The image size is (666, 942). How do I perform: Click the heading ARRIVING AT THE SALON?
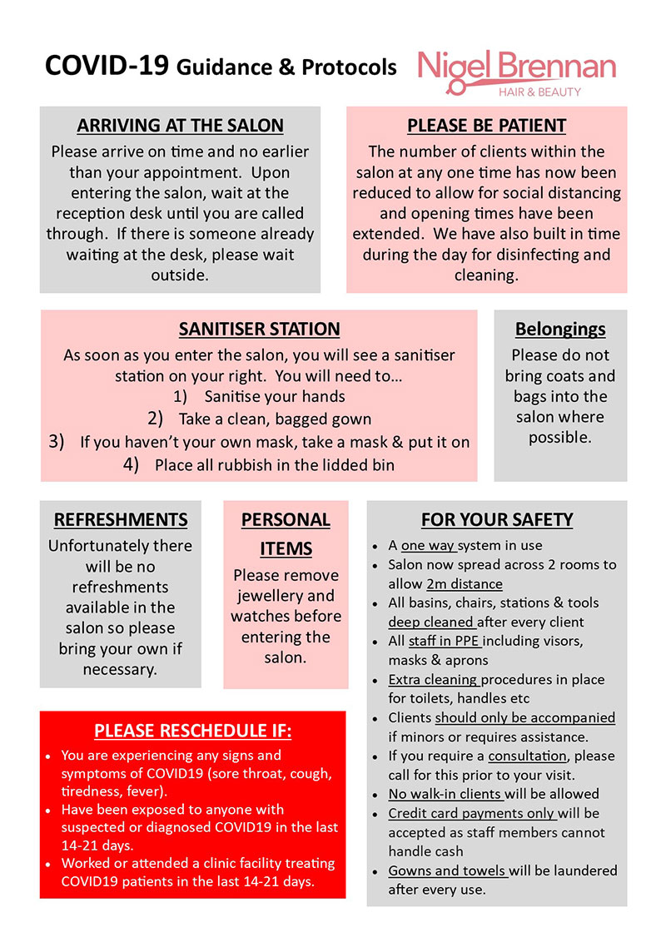(180, 126)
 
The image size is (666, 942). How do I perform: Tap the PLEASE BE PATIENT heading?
(486, 126)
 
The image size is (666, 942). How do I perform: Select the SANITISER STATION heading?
(259, 330)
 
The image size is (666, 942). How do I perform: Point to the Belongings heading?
(559, 330)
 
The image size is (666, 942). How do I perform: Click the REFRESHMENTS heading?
(121, 520)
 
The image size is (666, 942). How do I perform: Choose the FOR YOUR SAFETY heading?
(497, 520)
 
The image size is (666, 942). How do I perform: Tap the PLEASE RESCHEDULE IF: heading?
(192, 731)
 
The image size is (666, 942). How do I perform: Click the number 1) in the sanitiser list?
(180, 397)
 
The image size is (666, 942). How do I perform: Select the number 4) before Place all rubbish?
(131, 465)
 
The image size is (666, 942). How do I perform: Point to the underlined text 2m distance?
(464, 584)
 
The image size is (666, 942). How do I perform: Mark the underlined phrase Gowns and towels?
(448, 870)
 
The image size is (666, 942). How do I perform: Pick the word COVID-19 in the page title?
(107, 66)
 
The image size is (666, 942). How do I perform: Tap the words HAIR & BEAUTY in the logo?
(545, 92)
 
